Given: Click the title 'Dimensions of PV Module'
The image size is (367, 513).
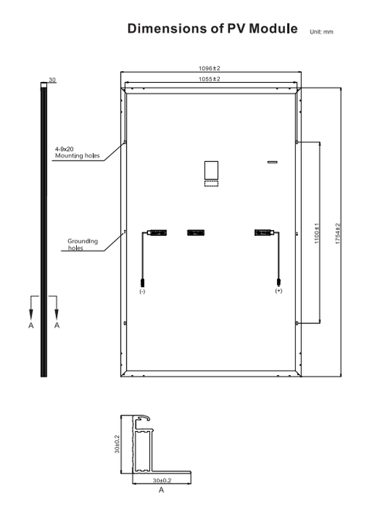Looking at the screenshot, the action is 212,29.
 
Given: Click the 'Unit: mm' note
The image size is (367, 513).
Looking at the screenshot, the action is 321,32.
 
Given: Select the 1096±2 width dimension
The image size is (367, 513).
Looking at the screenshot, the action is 210,68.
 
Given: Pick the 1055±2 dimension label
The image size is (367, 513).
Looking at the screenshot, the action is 210,79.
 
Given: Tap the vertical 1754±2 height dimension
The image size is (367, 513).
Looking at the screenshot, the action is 338,234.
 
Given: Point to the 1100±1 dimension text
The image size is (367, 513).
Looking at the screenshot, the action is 316,233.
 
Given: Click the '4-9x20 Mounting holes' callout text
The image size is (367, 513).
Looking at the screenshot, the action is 77,152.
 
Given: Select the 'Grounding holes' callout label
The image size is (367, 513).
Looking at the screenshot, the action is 83,244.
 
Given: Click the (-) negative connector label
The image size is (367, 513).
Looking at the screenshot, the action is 142,291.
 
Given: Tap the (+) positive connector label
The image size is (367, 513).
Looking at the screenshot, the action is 278,291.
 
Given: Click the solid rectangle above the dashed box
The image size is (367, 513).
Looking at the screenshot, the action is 211,170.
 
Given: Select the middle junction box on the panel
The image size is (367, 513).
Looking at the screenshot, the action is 196,233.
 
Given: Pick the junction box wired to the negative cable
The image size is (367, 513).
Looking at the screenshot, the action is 157,233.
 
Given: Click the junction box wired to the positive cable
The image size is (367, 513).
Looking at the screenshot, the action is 263,233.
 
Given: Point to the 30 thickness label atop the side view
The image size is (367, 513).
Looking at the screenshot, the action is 52,80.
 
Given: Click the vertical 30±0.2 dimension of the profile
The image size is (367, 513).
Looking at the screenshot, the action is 117,444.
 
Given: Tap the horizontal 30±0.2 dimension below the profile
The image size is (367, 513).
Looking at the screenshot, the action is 162,481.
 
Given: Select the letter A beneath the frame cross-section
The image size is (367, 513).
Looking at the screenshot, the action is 161,490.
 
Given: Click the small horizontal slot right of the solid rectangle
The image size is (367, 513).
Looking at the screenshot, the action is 273,162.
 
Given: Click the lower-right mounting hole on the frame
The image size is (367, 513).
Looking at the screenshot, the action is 297,323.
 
